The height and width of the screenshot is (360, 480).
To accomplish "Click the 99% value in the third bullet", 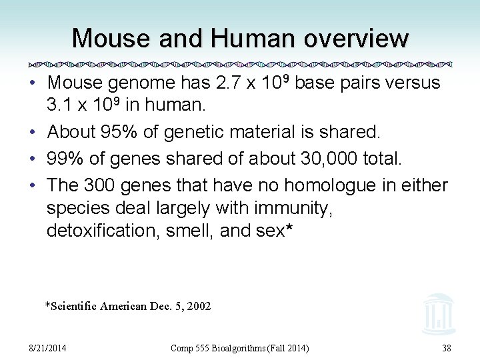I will pos(63,159).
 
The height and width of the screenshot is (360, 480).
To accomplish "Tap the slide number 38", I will pos(446,348).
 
